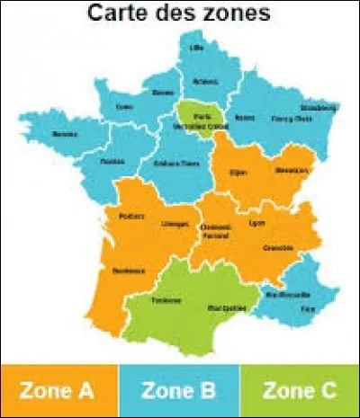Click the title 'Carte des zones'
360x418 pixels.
click(x=180, y=14)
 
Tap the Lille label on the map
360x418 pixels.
click(x=196, y=48)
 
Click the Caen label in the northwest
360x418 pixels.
click(x=125, y=106)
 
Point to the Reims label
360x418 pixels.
click(x=240, y=117)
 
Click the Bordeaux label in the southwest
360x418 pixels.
click(x=124, y=270)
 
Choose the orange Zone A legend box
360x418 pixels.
click(x=58, y=391)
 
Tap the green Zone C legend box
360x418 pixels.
click(x=301, y=391)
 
